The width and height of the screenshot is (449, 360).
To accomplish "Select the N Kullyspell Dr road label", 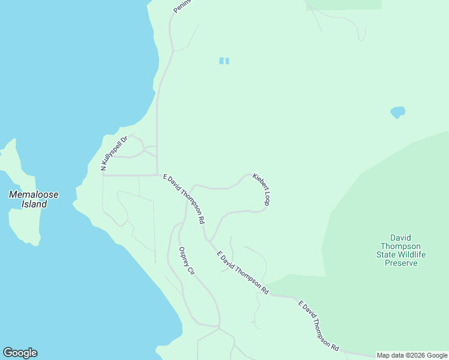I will [x=115, y=154].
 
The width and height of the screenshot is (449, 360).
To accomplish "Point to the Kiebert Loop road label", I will [x=261, y=190].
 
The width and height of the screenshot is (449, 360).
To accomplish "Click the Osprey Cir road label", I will [x=187, y=261].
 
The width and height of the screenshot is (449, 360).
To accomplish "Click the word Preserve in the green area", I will [x=401, y=263].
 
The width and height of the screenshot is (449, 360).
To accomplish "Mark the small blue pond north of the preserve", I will [x=397, y=112].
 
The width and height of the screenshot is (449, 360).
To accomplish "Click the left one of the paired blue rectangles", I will [x=221, y=61].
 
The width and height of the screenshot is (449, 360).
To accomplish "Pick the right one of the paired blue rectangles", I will [x=228, y=61].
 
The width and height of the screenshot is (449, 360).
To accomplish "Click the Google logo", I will [x=20, y=353].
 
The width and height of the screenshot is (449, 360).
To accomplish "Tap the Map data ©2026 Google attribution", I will [x=412, y=355].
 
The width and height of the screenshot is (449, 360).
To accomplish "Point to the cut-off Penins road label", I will [x=181, y=6].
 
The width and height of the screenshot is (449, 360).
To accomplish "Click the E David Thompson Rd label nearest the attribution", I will [x=318, y=326].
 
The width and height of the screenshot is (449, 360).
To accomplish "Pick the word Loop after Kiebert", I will [x=265, y=197].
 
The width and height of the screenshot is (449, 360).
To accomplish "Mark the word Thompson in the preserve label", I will [x=401, y=246].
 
